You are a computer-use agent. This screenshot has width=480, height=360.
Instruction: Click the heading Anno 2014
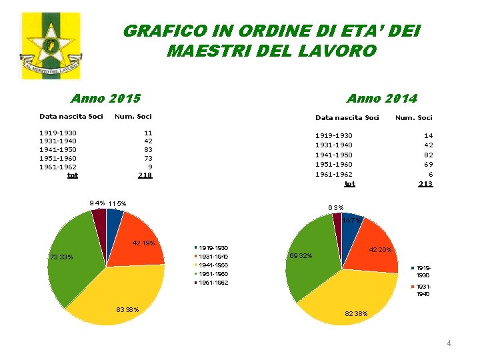[x=381, y=99]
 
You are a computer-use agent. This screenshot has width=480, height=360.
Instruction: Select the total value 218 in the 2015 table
[x=145, y=175]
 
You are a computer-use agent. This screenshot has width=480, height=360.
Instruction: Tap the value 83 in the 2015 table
[x=148, y=150]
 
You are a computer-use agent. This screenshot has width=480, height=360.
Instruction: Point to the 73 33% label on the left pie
[x=61, y=257]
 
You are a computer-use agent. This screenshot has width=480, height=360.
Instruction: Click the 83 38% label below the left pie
[x=127, y=309]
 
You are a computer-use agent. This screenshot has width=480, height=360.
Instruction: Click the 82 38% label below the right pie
[x=356, y=313]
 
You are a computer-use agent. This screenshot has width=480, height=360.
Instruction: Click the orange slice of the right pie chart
[x=370, y=247]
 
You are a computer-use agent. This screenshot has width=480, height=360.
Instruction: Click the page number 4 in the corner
[x=449, y=343]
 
